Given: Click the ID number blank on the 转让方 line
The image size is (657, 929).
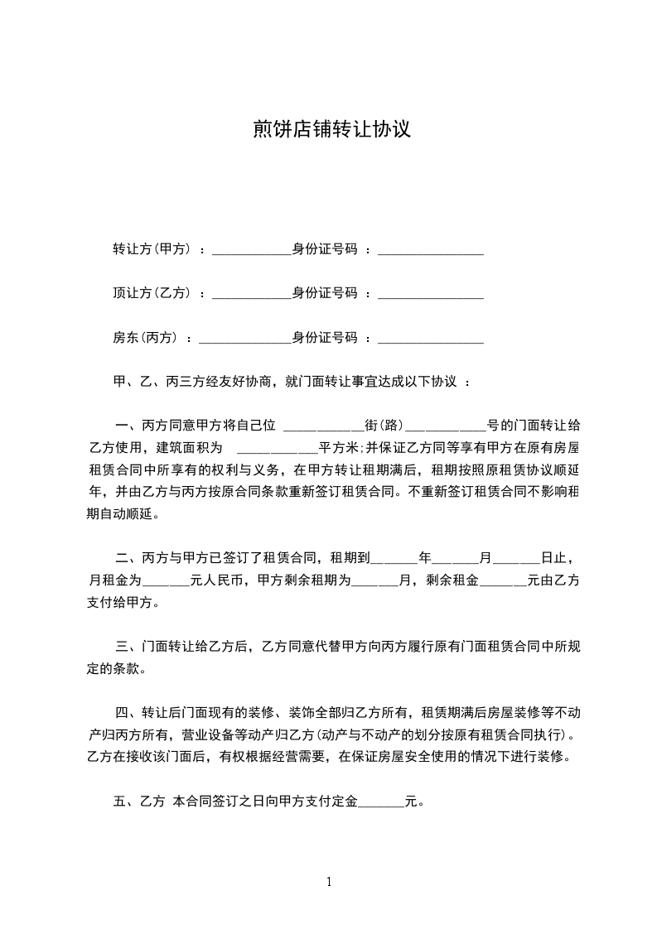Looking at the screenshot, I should (430, 249).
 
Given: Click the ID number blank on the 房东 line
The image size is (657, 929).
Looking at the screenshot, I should (430, 338).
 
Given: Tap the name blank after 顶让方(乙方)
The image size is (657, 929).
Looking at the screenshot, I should (252, 293).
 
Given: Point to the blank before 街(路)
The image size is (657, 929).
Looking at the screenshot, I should (323, 427).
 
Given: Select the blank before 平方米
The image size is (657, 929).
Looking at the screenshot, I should (277, 449).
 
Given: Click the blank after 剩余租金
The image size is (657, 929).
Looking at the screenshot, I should (503, 581).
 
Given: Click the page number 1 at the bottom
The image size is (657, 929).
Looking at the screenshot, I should (329, 882).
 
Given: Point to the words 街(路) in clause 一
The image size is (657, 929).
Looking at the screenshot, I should (384, 426).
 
